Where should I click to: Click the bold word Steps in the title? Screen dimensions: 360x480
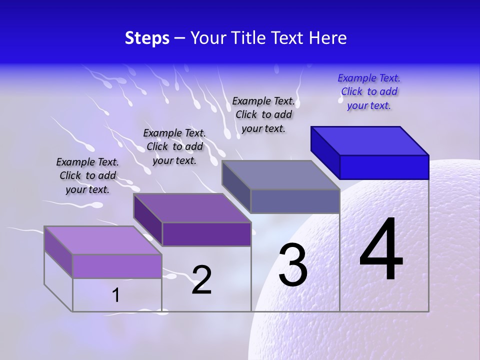click(147, 38)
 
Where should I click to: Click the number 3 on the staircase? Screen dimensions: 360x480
click(292, 265)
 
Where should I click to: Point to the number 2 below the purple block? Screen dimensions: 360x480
click(201, 280)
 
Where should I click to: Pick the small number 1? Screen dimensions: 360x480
click(116, 295)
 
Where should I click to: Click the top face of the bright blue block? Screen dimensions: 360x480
click(370, 140)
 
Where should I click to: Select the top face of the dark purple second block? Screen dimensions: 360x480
click(192, 207)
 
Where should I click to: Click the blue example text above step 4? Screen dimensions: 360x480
click(369, 91)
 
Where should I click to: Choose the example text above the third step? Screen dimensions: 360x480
click(263, 114)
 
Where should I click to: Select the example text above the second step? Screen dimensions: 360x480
click(174, 146)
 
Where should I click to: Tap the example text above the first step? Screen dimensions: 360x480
click(87, 175)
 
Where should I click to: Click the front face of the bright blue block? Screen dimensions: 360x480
click(384, 167)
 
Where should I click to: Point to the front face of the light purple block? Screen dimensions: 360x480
click(117, 266)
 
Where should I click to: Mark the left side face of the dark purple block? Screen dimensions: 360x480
click(148, 220)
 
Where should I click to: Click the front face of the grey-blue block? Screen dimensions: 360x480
click(295, 201)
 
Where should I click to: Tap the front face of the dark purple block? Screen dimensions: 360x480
click(206, 234)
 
